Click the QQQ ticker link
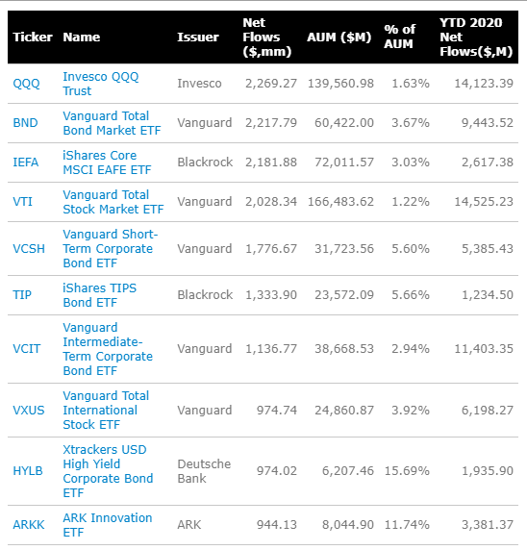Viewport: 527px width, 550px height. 26,84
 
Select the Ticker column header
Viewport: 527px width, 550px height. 32,37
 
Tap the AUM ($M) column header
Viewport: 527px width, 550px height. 339,37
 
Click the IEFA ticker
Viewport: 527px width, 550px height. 26,162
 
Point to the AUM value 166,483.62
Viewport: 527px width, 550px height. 339,202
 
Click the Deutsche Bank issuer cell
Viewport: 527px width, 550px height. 204,471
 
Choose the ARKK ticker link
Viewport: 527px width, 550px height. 29,525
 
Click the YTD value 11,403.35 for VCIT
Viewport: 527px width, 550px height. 481,349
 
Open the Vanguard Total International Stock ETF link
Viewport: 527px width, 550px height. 106,410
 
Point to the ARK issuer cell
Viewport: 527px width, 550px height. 190,525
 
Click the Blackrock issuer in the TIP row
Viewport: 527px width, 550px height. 205,295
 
